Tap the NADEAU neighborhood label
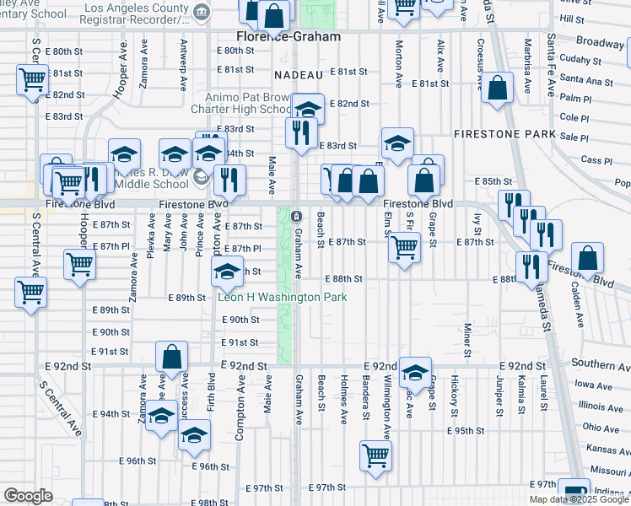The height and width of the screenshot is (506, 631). [294, 75]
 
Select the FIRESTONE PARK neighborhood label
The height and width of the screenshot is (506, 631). [504, 134]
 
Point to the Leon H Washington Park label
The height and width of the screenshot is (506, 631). [271, 298]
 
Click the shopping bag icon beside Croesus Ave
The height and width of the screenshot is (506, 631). [498, 88]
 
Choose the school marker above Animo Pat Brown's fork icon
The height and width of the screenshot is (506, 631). [309, 107]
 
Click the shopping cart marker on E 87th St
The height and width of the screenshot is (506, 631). [404, 246]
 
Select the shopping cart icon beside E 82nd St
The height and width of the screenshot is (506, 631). [32, 81]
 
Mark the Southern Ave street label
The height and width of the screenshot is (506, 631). [600, 364]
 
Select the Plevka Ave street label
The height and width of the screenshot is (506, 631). [151, 238]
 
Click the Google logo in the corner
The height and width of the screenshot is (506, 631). [28, 496]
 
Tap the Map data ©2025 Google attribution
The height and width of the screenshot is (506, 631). [580, 499]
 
